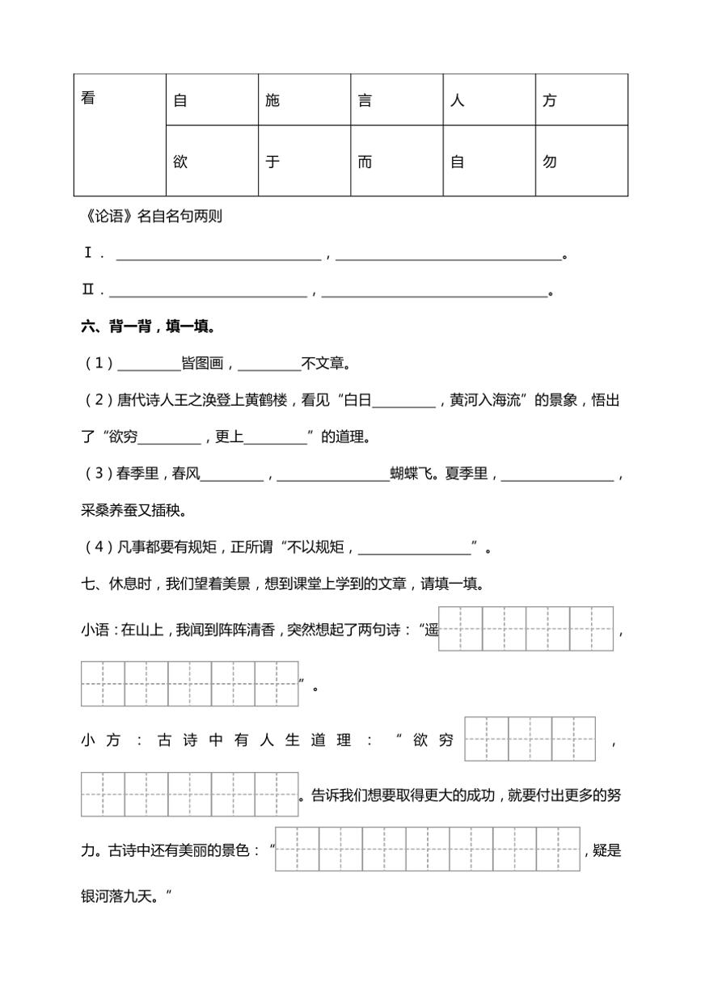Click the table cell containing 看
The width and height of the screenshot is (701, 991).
(120, 134)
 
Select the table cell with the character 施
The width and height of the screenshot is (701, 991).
(305, 100)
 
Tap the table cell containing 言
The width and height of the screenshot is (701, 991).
(397, 100)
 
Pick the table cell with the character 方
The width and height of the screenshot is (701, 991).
(581, 100)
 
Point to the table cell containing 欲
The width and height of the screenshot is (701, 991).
(213, 161)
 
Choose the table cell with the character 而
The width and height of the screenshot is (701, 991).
(397, 161)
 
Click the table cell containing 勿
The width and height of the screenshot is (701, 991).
(581, 161)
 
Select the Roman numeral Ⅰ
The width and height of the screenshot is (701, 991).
(88, 254)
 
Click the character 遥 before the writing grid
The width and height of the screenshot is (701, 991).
(430, 630)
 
